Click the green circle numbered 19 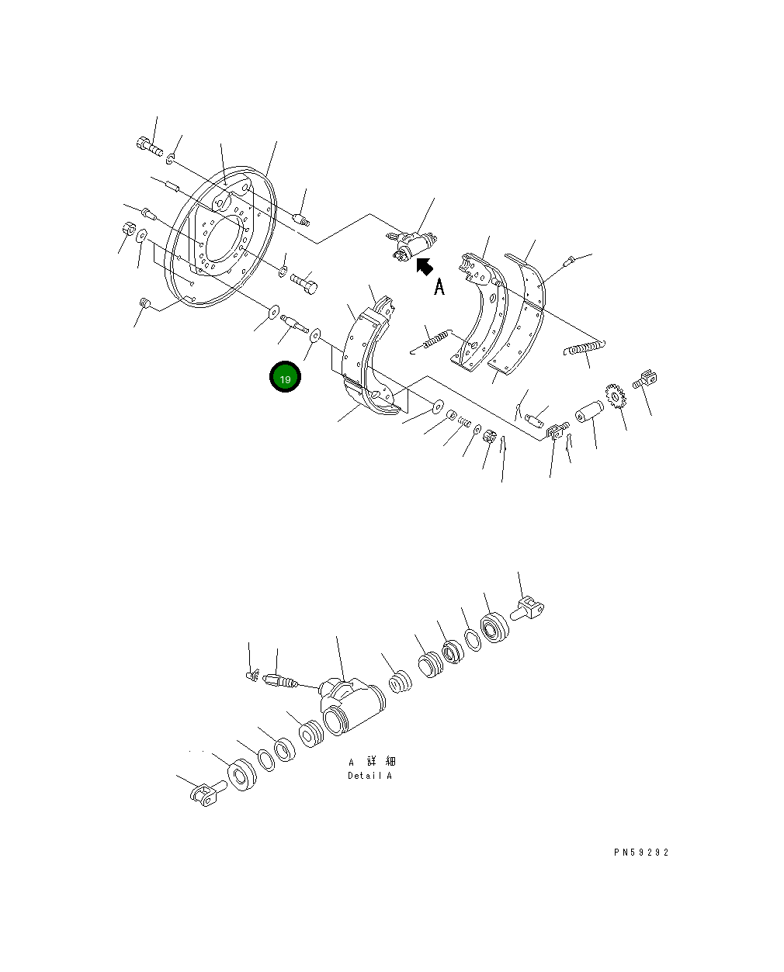(285, 378)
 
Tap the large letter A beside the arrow (439, 287)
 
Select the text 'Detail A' (369, 776)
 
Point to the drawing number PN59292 (640, 852)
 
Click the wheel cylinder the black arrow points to (411, 244)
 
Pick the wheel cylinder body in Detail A (351, 704)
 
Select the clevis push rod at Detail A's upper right (529, 610)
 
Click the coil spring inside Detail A (400, 682)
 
